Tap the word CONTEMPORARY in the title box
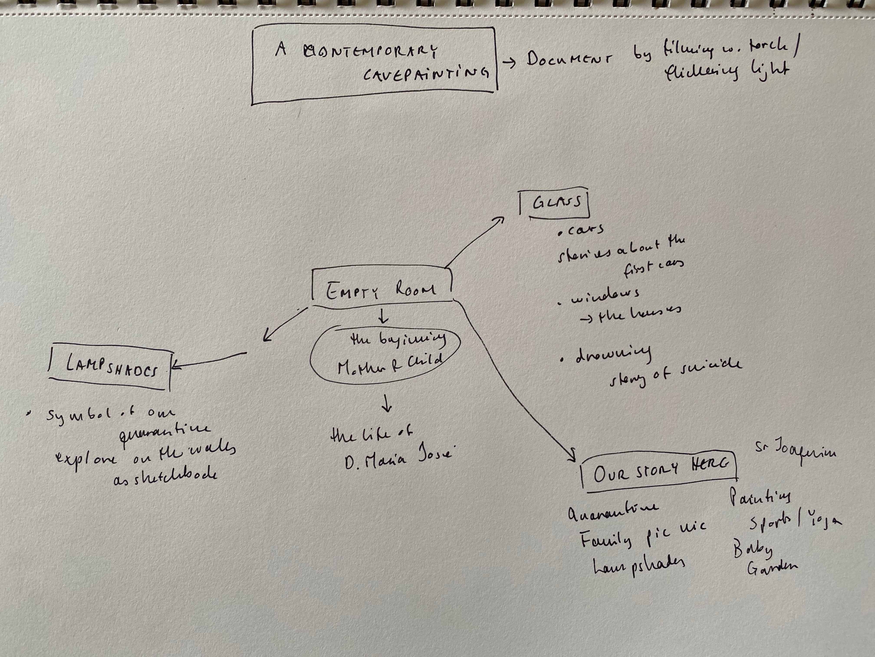click(371, 51)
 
